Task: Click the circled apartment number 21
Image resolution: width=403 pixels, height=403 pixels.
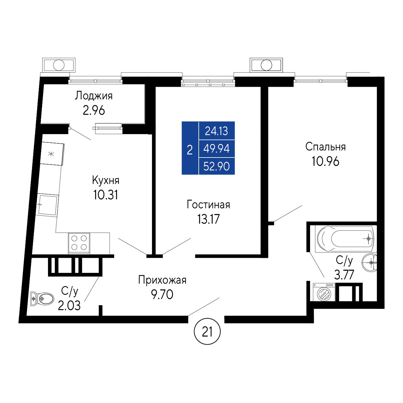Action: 207,332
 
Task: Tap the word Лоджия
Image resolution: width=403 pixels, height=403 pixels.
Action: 94,96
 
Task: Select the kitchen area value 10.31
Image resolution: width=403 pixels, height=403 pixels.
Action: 106,195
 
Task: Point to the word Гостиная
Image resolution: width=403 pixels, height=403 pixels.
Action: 208,205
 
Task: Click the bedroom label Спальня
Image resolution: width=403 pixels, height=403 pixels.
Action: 325,147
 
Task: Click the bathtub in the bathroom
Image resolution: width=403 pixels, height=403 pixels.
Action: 345,239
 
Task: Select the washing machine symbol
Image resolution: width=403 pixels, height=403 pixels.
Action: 324,292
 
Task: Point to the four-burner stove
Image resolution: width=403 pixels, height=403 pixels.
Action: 79,243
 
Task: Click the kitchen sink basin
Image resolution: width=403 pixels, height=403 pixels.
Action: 47,205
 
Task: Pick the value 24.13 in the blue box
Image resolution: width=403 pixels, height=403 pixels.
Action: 217,131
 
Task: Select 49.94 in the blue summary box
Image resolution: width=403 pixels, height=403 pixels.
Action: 217,149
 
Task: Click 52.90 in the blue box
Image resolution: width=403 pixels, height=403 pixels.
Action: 217,166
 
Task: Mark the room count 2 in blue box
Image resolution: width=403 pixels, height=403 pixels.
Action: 190,150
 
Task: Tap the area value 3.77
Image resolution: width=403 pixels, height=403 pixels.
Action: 344,275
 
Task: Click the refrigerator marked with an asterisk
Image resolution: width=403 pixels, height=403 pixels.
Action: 53,154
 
